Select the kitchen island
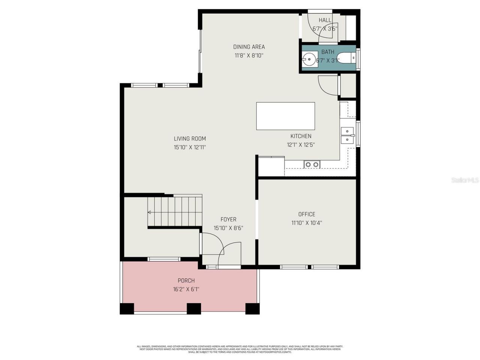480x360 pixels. pos(285,116)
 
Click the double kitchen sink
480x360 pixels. pos(347,135)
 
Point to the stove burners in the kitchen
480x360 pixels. pos(312,164)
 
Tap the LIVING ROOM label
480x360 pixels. pos(190,139)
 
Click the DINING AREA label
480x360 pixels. pos(249,47)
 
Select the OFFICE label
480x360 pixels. pos(306,214)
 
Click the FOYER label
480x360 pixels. pos(228,219)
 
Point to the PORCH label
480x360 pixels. pos(186,280)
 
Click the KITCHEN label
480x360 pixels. pos(301,136)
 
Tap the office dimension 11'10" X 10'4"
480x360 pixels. pos(306,223)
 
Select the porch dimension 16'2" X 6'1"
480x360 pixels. pos(186,289)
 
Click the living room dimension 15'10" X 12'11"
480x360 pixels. pos(190,147)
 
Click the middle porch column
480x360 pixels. pos(193,308)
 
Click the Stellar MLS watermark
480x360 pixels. pos(465,180)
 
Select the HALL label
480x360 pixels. pos(325,20)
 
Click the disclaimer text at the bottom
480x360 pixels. pos(240,349)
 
